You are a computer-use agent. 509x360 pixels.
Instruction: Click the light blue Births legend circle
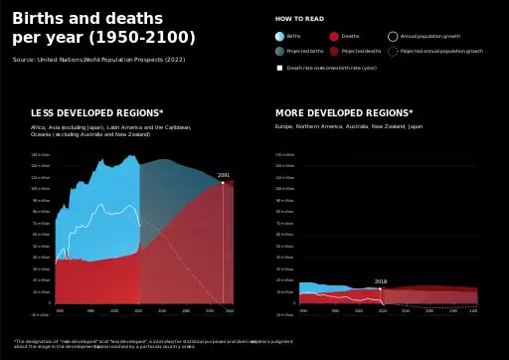coord(279,36)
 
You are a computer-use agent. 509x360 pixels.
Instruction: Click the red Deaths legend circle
coord(334,36)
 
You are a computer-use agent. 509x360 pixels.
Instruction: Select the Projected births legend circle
coord(279,51)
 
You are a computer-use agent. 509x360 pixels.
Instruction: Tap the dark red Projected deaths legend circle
coord(334,51)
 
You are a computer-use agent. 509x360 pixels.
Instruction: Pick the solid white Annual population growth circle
coord(393,36)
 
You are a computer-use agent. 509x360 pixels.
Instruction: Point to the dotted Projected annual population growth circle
coord(393,51)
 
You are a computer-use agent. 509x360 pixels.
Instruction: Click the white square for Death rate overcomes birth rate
coord(279,68)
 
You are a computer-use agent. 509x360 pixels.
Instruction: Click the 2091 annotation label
coord(224,175)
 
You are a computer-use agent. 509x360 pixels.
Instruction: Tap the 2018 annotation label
coord(381,281)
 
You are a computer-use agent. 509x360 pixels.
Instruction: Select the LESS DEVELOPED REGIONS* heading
coord(96,113)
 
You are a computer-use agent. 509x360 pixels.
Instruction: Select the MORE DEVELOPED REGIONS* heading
coord(343,113)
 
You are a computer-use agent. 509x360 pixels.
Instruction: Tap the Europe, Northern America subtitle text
coord(348,127)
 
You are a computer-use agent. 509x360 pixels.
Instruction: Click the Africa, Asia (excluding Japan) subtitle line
coord(110,127)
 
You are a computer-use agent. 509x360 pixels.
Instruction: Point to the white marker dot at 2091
coord(224,183)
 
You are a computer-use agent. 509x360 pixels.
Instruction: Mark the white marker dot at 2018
coord(381,288)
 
